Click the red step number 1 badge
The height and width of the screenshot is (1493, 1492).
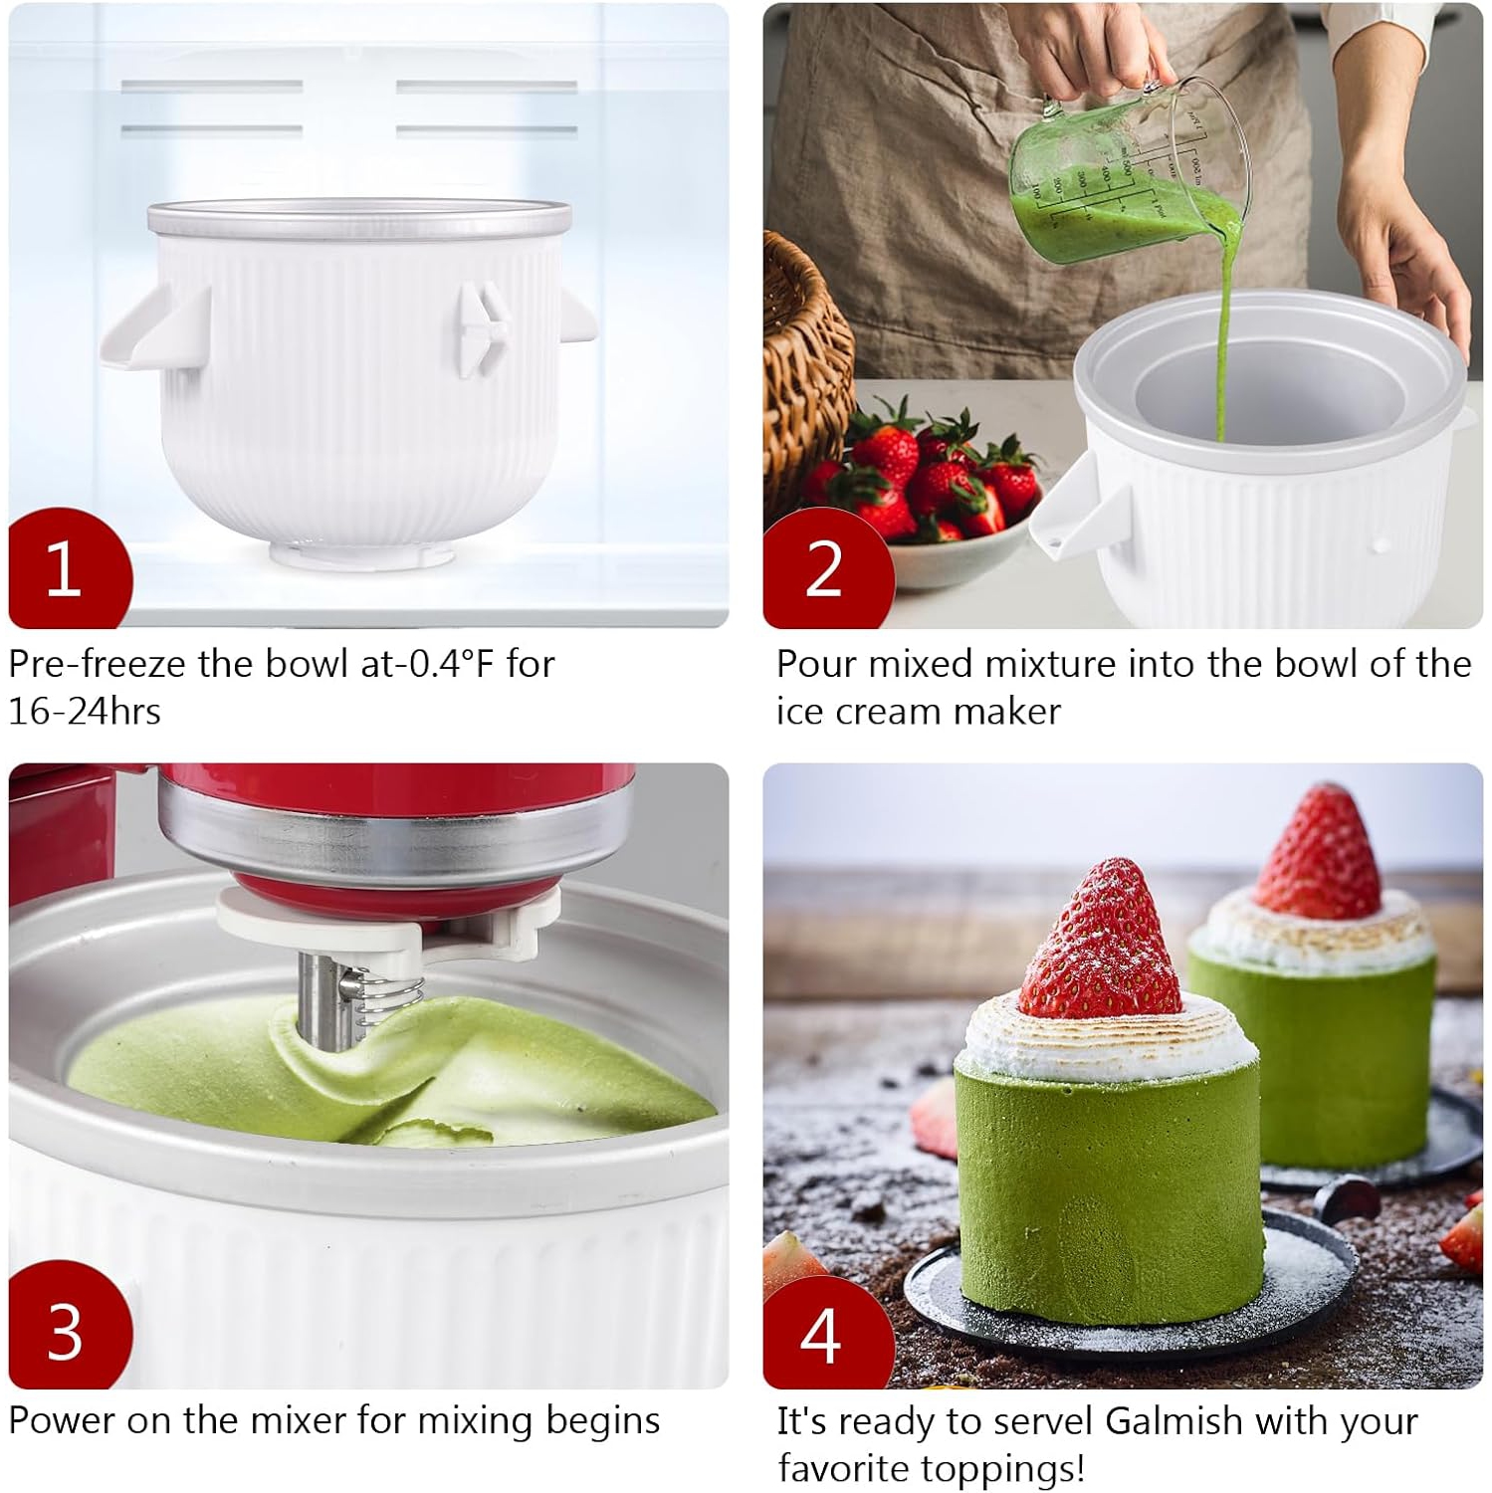(x=66, y=569)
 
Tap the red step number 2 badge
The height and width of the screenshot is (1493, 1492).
(x=824, y=569)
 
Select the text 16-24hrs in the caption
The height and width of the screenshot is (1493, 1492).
(x=85, y=712)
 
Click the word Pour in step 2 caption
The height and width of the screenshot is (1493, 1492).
(x=817, y=664)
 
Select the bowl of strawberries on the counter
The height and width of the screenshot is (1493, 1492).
(x=936, y=498)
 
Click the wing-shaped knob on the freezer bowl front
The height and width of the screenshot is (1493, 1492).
(x=484, y=328)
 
